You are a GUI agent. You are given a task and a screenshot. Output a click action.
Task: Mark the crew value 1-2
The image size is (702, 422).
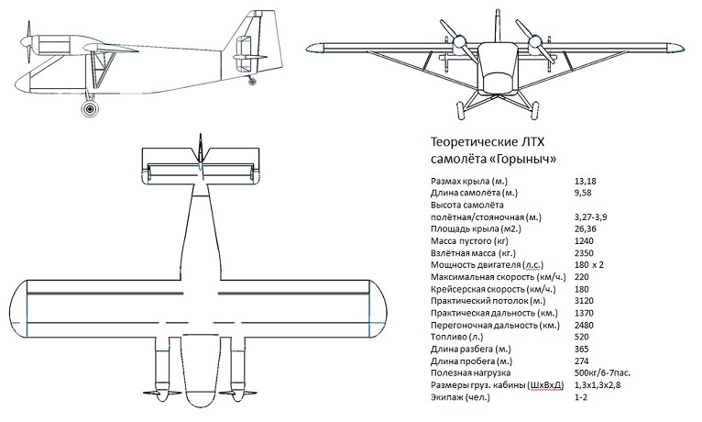[577, 396]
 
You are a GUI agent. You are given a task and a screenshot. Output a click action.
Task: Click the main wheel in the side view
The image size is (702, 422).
[89, 109]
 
